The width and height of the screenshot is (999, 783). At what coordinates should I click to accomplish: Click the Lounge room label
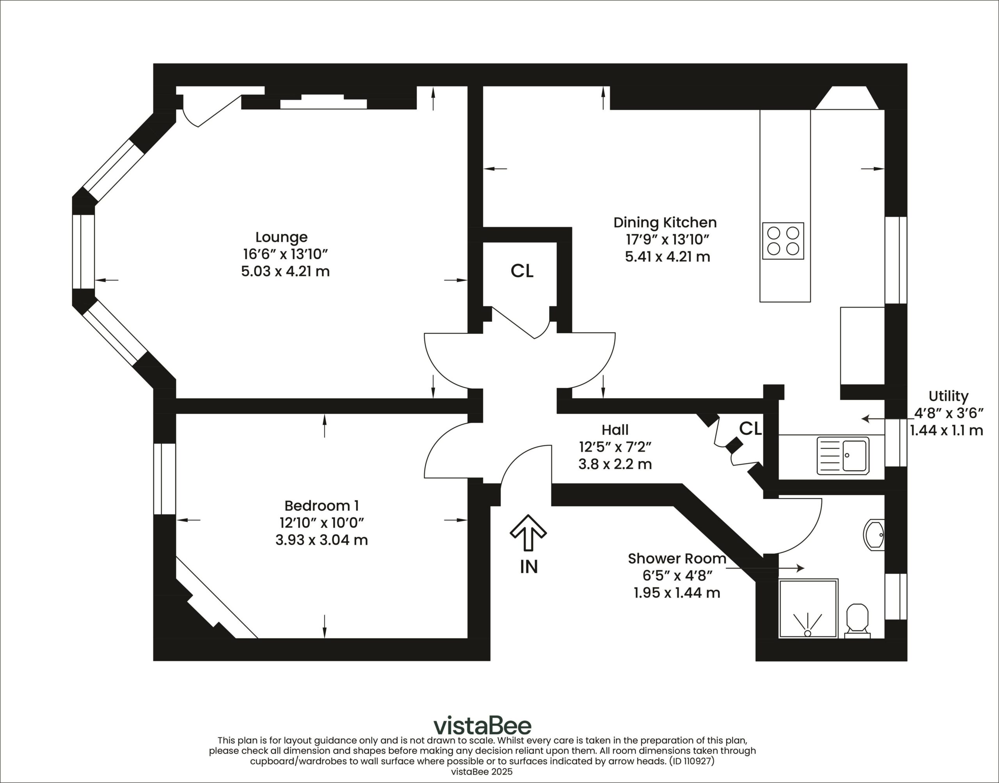281,237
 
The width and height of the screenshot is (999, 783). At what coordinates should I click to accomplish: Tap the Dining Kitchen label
665,223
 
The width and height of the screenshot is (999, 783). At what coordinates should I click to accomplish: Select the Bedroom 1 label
322,506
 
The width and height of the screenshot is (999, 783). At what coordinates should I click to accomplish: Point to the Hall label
615,430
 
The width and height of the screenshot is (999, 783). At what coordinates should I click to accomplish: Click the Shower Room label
677,558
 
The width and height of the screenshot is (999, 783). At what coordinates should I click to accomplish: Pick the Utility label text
948,396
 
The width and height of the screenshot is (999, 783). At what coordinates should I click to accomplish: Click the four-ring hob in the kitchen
783,241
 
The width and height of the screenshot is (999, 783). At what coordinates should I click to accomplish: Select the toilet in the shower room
857,621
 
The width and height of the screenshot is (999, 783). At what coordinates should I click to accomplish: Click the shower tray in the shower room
808,608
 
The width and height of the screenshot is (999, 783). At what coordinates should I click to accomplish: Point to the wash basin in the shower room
873,535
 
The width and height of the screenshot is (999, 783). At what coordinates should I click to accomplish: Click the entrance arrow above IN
528,532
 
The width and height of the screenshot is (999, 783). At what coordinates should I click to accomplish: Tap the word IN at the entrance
528,567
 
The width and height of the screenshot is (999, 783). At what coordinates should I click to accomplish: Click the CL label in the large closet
522,271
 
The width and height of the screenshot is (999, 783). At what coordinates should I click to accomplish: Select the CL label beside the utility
750,428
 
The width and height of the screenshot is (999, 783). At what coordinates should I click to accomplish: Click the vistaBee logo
483,725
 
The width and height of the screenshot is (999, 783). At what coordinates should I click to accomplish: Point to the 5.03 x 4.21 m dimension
285,271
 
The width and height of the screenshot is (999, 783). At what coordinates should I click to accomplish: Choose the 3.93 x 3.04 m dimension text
322,540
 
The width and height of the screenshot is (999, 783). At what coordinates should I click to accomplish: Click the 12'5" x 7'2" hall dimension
615,446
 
